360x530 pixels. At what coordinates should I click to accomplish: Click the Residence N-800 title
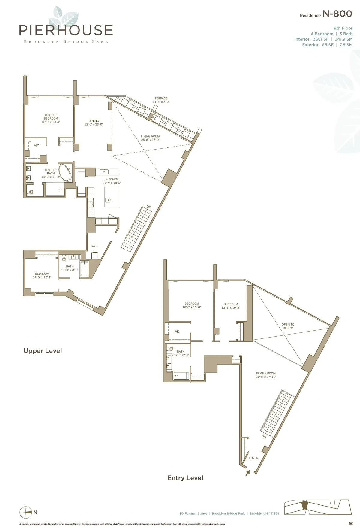(x=326, y=14)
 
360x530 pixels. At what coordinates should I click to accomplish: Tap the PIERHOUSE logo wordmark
(x=66, y=30)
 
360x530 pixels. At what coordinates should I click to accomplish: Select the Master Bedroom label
(x=51, y=118)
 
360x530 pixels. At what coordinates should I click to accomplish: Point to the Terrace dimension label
(x=161, y=100)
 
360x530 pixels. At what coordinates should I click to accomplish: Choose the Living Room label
(x=150, y=138)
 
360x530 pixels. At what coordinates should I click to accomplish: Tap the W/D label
(x=94, y=246)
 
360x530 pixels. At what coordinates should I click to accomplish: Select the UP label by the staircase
(x=148, y=207)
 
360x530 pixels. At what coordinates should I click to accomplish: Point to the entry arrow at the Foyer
(x=247, y=473)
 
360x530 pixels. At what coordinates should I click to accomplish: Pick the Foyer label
(x=253, y=458)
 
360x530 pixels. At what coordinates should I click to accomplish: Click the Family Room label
(x=266, y=375)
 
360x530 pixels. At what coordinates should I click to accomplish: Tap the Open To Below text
(x=288, y=326)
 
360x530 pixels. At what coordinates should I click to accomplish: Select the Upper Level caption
(x=43, y=351)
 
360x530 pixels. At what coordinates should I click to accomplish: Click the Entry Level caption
(x=185, y=478)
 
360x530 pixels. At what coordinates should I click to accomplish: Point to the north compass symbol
(x=26, y=512)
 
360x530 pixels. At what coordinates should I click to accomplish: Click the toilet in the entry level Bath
(x=170, y=349)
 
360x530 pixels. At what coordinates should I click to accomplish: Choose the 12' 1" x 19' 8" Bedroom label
(x=231, y=306)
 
